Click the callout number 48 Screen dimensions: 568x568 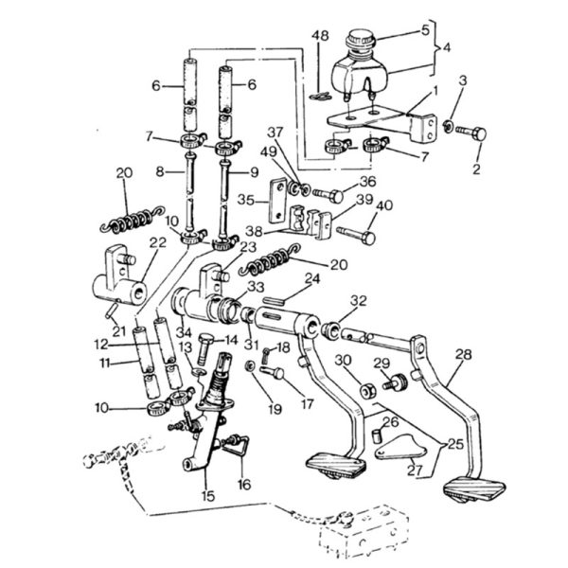320,36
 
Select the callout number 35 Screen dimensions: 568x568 246,200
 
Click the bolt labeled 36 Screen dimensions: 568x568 328,196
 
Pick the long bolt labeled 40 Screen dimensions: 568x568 356,235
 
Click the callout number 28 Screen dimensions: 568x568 464,354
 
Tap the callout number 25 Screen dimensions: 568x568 455,444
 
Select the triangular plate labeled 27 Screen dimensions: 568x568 399,448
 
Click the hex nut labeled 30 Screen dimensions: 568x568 368,392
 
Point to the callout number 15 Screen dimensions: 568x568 209,496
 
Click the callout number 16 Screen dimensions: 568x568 244,484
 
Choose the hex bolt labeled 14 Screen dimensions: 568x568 204,348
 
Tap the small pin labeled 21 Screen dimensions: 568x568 111,311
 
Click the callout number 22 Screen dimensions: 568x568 157,242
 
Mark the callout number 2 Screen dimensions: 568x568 476,169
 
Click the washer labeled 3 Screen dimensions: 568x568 449,126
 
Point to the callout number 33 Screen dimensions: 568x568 256,287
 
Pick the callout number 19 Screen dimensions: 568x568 275,410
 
